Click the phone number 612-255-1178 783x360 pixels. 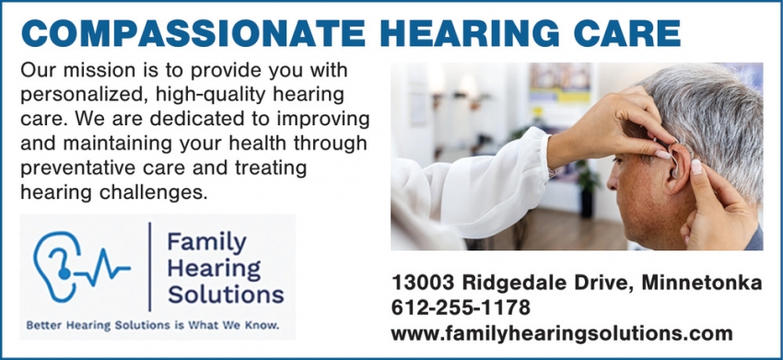pos(461,308)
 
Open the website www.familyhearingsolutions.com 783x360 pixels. pos(562,333)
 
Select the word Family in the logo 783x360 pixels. pos(206,243)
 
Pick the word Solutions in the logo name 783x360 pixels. pos(226,295)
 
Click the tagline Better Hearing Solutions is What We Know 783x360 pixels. pos(152,326)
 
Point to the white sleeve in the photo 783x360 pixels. pos(479,184)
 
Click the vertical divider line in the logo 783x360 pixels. pos(149,268)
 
